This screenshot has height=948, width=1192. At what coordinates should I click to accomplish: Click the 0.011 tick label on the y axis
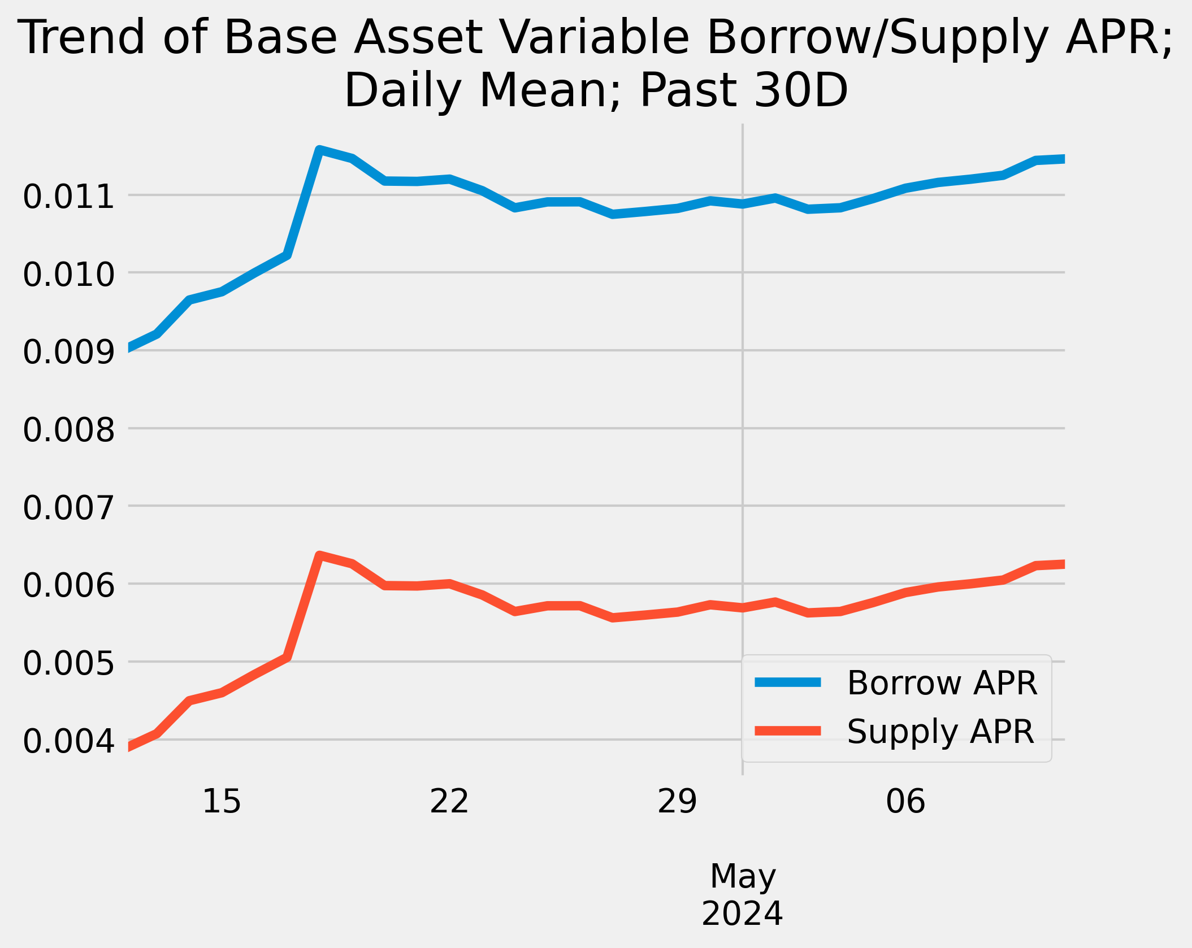[68, 197]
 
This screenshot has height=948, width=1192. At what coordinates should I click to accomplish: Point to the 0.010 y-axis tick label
[68, 275]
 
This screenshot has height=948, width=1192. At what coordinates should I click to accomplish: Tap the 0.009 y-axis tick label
[68, 353]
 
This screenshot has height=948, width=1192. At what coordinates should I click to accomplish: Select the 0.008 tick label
[68, 430]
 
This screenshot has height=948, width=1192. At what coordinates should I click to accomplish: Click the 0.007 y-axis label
[68, 508]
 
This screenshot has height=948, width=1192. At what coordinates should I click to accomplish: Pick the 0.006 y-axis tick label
[68, 586]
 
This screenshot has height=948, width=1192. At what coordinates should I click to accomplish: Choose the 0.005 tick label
[68, 664]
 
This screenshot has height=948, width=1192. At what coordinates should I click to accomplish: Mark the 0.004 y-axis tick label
[68, 742]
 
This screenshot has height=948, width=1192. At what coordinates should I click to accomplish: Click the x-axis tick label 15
[222, 802]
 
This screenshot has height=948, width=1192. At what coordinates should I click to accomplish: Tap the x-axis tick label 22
[449, 802]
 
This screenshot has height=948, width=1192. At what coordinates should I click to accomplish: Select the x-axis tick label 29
[677, 802]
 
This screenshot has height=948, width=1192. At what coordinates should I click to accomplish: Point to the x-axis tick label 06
[905, 802]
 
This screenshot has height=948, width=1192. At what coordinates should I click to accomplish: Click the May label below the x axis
[743, 876]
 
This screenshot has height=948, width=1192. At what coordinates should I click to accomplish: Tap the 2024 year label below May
[742, 914]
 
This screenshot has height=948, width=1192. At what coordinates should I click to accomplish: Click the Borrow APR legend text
[942, 683]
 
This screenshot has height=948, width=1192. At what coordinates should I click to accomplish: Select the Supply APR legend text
[940, 732]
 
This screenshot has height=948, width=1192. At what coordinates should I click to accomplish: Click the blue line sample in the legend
[788, 682]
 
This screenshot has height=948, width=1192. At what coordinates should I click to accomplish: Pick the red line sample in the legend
[788, 731]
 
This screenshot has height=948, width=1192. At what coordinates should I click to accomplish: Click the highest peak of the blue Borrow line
[320, 150]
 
